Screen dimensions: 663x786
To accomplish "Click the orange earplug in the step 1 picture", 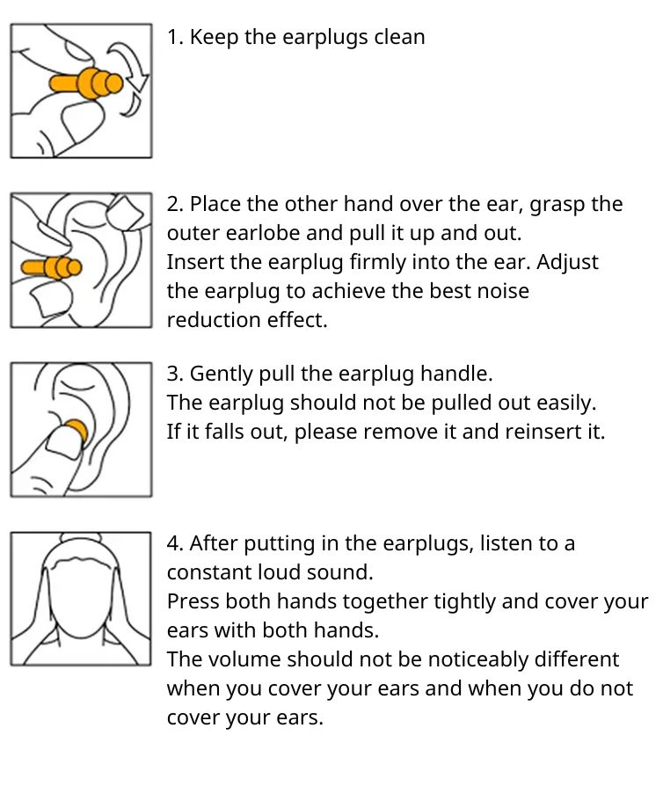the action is click(86, 84).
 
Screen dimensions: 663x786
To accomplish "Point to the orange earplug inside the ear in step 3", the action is click(76, 432).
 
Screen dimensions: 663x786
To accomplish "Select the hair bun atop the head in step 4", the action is click(81, 538).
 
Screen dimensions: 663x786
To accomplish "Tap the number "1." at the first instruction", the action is click(176, 38).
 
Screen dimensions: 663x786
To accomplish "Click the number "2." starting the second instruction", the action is click(176, 205).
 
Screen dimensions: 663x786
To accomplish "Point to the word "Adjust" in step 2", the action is click(567, 263).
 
